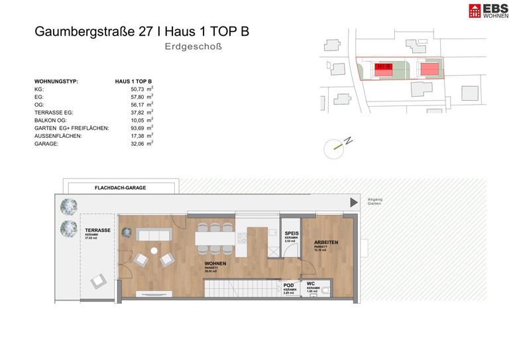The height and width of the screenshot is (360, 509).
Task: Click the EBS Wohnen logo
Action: click(x=485, y=11)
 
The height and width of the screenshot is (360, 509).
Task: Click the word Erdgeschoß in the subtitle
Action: click(x=192, y=46)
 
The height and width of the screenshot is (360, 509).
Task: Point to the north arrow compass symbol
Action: click(x=337, y=147)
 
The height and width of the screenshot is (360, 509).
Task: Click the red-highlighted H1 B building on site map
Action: click(x=382, y=68)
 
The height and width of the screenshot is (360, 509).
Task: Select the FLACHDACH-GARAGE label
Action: click(x=120, y=188)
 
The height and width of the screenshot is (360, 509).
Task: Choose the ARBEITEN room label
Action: click(x=326, y=242)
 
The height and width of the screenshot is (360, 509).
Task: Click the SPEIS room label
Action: click(x=291, y=234)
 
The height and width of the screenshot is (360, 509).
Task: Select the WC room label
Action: click(x=311, y=284)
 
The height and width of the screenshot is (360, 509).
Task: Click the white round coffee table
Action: click(x=154, y=251)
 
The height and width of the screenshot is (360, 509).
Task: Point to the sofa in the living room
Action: click(x=154, y=235)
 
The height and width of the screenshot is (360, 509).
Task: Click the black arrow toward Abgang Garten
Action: click(x=352, y=204)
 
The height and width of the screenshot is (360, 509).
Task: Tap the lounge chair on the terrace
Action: click(x=98, y=281)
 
